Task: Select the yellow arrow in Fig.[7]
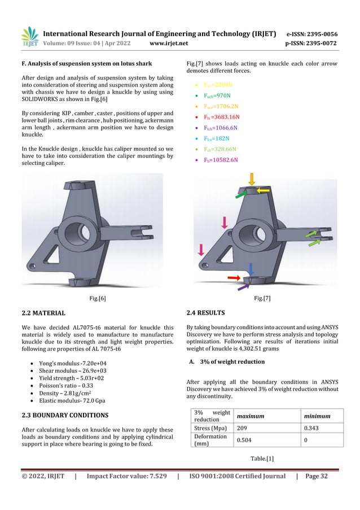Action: click(x=263, y=191)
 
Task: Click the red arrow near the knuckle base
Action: click(x=234, y=278)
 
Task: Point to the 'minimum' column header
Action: click(x=317, y=416)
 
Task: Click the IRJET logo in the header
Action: click(x=30, y=37)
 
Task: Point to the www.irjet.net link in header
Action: click(x=169, y=43)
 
